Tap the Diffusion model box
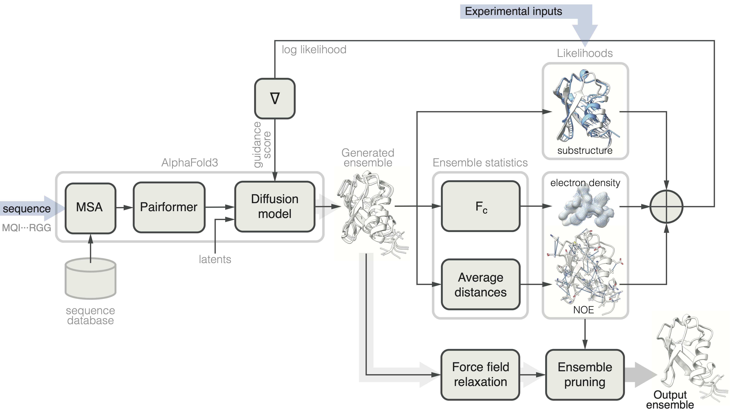pyautogui.click(x=274, y=206)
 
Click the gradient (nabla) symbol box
pyautogui.click(x=274, y=98)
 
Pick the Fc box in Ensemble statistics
pyautogui.click(x=481, y=206)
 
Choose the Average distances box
pyautogui.click(x=481, y=285)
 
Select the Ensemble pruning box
pyautogui.click(x=585, y=374)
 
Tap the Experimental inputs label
pyautogui.click(x=513, y=11)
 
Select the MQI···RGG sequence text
pyautogui.click(x=26, y=228)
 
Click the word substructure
pyautogui.click(x=585, y=151)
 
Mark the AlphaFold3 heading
pyautogui.click(x=190, y=163)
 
